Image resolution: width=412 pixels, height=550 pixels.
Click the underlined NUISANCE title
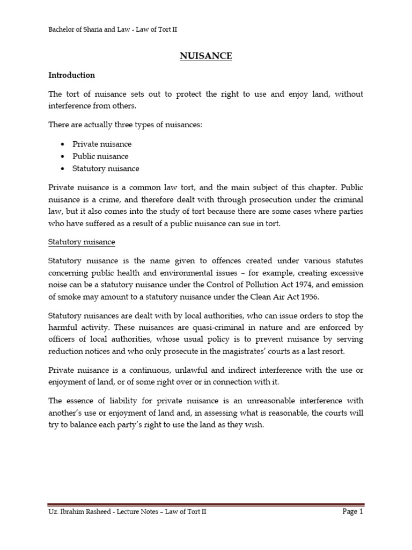[x=206, y=55]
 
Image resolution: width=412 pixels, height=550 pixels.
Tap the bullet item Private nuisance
[x=102, y=144]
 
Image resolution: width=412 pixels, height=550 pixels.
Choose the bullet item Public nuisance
[x=101, y=156]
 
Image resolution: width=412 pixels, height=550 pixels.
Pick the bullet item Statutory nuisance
[x=106, y=168]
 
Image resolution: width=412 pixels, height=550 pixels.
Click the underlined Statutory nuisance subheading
[x=82, y=242]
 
